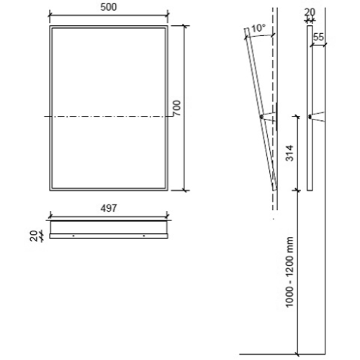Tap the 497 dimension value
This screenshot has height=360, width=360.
109,208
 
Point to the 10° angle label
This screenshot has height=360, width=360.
258,29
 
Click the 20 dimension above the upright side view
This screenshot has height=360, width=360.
310,12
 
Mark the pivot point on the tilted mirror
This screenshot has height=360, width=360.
261,116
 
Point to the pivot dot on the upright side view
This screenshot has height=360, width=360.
309,116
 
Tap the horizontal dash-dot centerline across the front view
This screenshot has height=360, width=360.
108,116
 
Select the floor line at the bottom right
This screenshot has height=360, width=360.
288,354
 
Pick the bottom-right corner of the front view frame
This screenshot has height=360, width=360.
168,190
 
